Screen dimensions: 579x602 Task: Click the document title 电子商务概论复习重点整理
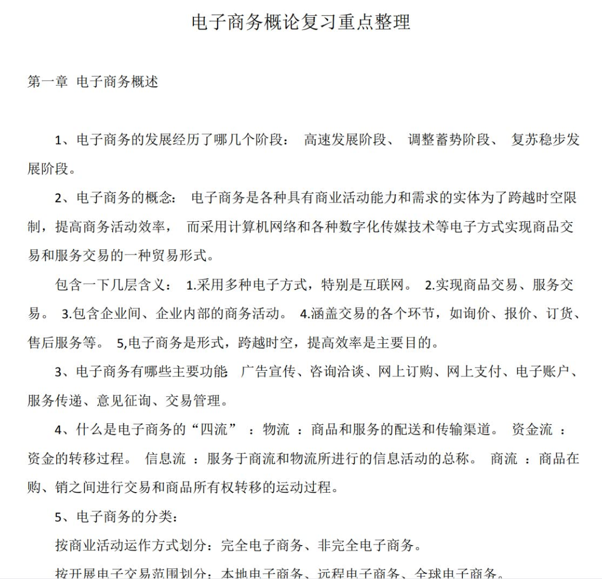coord(301,23)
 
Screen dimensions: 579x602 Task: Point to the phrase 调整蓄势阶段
coord(449,140)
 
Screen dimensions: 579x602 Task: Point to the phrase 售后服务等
coord(61,343)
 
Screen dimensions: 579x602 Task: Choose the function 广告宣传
coord(268,372)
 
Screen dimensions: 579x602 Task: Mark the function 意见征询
coord(123,401)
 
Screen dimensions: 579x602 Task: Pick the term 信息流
coord(165,459)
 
